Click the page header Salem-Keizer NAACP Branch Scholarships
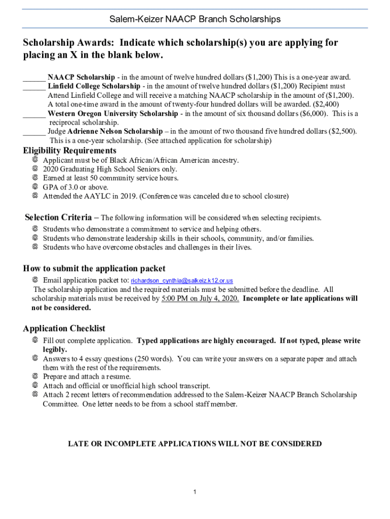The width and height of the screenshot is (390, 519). coord(195,19)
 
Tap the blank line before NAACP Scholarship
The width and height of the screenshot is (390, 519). coord(34,78)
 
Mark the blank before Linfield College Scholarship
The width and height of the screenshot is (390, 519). coord(34,86)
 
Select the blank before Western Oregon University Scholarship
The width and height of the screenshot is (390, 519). coord(34,114)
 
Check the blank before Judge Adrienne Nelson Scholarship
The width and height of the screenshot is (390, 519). coord(34,131)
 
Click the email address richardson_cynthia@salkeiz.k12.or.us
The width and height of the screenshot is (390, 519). coord(182,281)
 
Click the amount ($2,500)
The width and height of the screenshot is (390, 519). coord(342,131)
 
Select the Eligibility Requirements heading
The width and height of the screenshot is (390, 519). coord(70,151)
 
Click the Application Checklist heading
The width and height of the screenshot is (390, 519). coord(64,328)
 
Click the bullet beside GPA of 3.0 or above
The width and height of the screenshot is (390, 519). coord(35,187)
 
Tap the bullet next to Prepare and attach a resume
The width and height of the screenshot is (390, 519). coord(35,377)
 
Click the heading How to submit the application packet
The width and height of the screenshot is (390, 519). coord(94,269)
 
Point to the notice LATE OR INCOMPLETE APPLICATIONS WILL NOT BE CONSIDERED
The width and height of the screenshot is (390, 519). coord(195,444)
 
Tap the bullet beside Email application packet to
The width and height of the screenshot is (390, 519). coord(35,280)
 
